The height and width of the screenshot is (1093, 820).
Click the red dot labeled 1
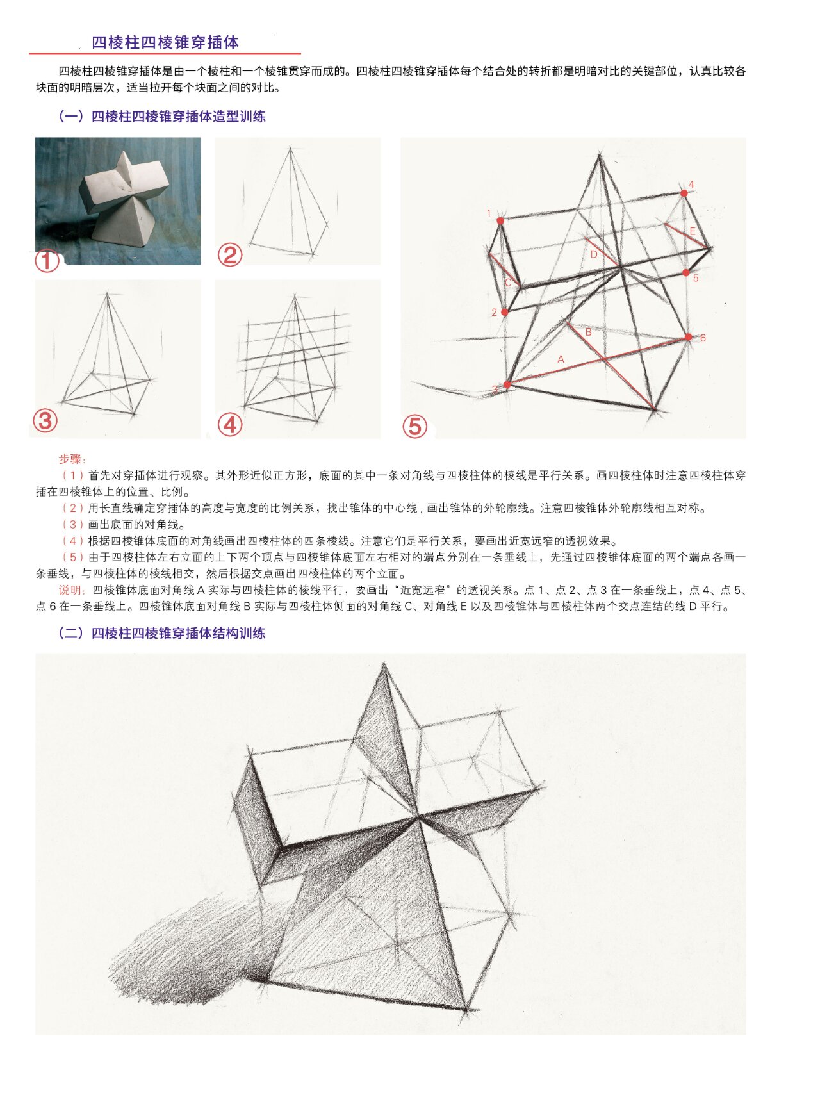[x=500, y=220]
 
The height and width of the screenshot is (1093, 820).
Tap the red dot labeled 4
[x=684, y=193]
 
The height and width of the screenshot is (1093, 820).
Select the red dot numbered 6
[x=689, y=337]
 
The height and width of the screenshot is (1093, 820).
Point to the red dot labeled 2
[x=505, y=312]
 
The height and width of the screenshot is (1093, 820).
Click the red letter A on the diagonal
[x=561, y=359]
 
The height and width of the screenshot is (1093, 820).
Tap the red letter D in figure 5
[x=594, y=254]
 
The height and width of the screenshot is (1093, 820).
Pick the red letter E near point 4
[x=693, y=231]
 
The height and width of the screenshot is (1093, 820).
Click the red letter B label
[x=588, y=332]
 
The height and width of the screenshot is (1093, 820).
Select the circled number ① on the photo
[x=47, y=261]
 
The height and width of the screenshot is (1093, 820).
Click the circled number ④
[x=230, y=424]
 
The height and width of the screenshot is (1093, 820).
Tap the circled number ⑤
[x=414, y=426]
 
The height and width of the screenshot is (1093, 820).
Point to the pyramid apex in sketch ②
[x=290, y=149]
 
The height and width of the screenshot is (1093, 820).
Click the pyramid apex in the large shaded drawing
[x=384, y=666]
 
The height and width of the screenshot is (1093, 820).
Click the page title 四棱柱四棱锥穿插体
[x=165, y=42]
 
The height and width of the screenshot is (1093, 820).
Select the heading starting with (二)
[x=161, y=633]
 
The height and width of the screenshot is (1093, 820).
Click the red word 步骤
[x=71, y=459]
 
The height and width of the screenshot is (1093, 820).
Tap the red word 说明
[x=71, y=590]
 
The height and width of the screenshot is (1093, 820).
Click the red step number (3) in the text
[x=73, y=524]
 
